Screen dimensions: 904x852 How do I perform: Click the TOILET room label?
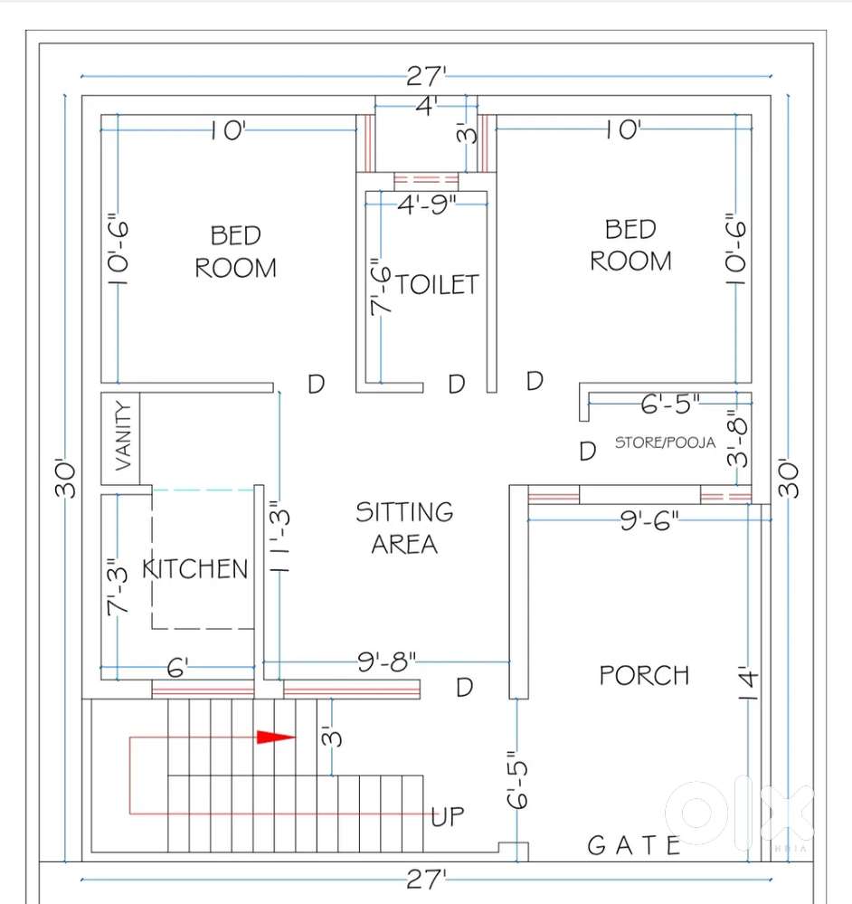point(437,284)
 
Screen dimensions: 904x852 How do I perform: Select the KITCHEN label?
point(195,568)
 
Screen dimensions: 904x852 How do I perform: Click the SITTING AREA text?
point(404,528)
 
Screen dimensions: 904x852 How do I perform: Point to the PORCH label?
point(644,675)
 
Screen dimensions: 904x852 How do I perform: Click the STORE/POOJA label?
point(665,443)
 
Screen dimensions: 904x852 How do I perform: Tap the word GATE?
point(634,845)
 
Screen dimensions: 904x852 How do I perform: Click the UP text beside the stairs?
point(449,817)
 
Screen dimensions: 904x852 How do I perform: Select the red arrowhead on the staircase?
point(277,737)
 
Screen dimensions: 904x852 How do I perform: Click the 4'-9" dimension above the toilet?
point(428,205)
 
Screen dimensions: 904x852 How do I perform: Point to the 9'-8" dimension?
point(387,663)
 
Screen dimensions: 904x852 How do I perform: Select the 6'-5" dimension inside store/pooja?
point(670,404)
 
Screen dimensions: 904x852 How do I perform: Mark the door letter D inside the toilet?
point(457,385)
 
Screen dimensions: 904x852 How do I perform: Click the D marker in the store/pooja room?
point(588,451)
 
